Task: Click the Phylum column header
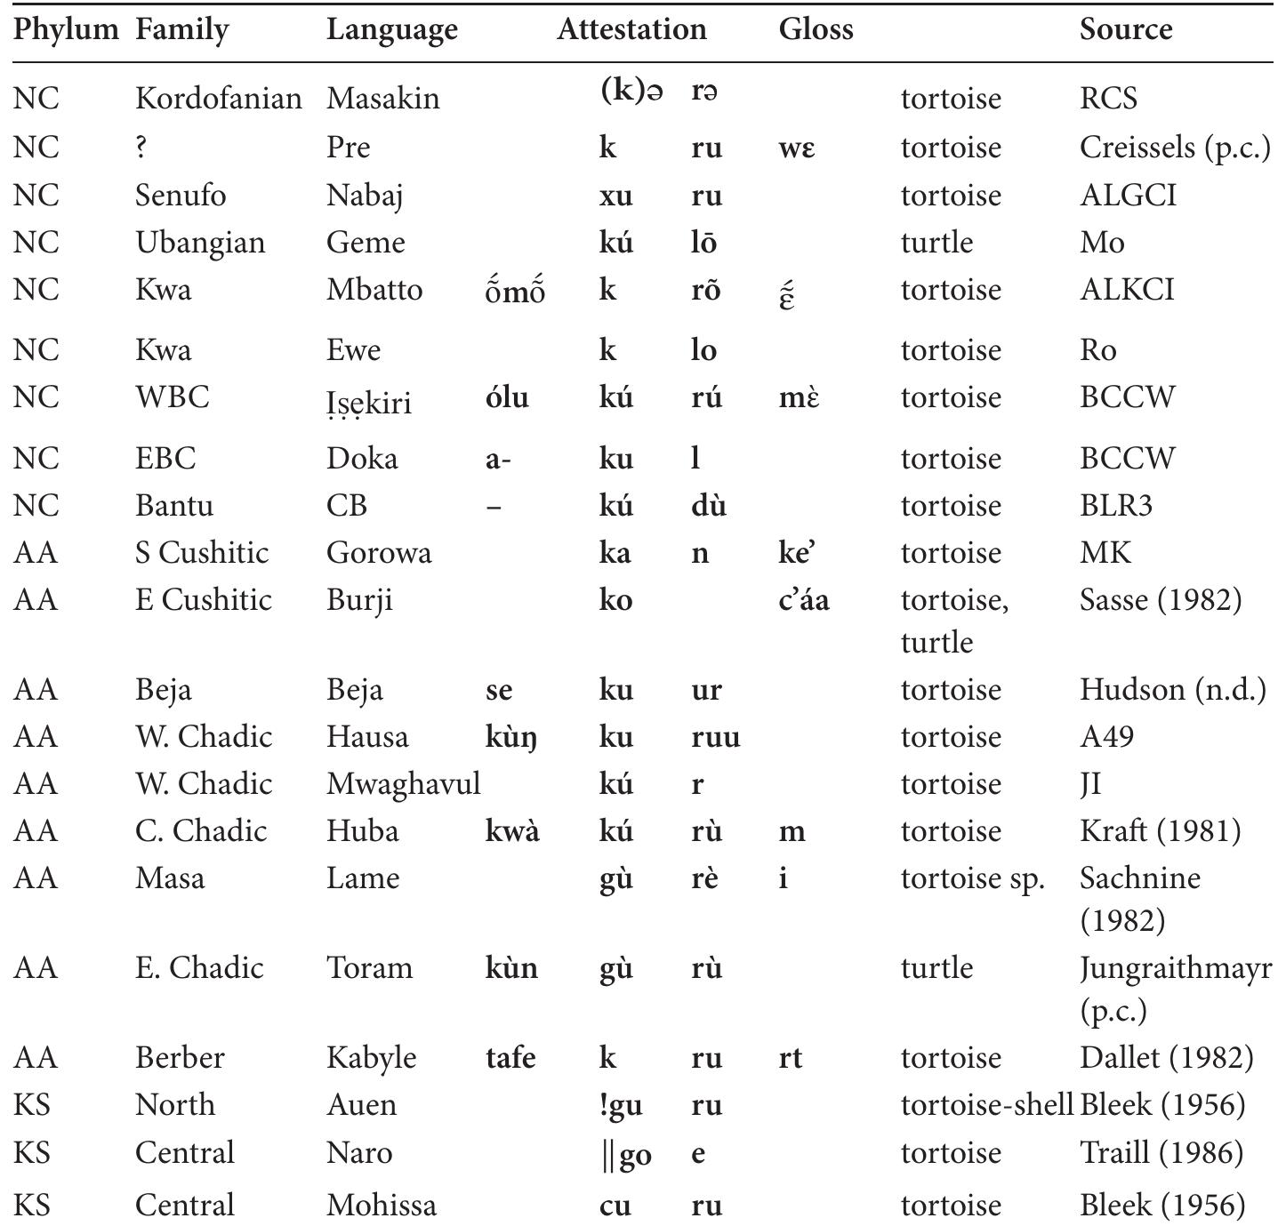(66, 30)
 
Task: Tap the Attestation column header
(631, 30)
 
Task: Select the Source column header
(1125, 30)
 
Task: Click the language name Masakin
(382, 98)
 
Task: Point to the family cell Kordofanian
(218, 98)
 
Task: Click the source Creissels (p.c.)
(1174, 148)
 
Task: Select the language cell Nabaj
(365, 196)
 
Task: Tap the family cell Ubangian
(199, 243)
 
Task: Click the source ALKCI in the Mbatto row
(1127, 290)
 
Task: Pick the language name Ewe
(353, 350)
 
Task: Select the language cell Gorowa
(379, 553)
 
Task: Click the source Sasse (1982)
(1160, 600)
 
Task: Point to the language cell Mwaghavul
(403, 784)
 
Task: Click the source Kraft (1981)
(1160, 831)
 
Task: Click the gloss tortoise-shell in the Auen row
(986, 1105)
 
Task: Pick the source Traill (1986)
(1161, 1153)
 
